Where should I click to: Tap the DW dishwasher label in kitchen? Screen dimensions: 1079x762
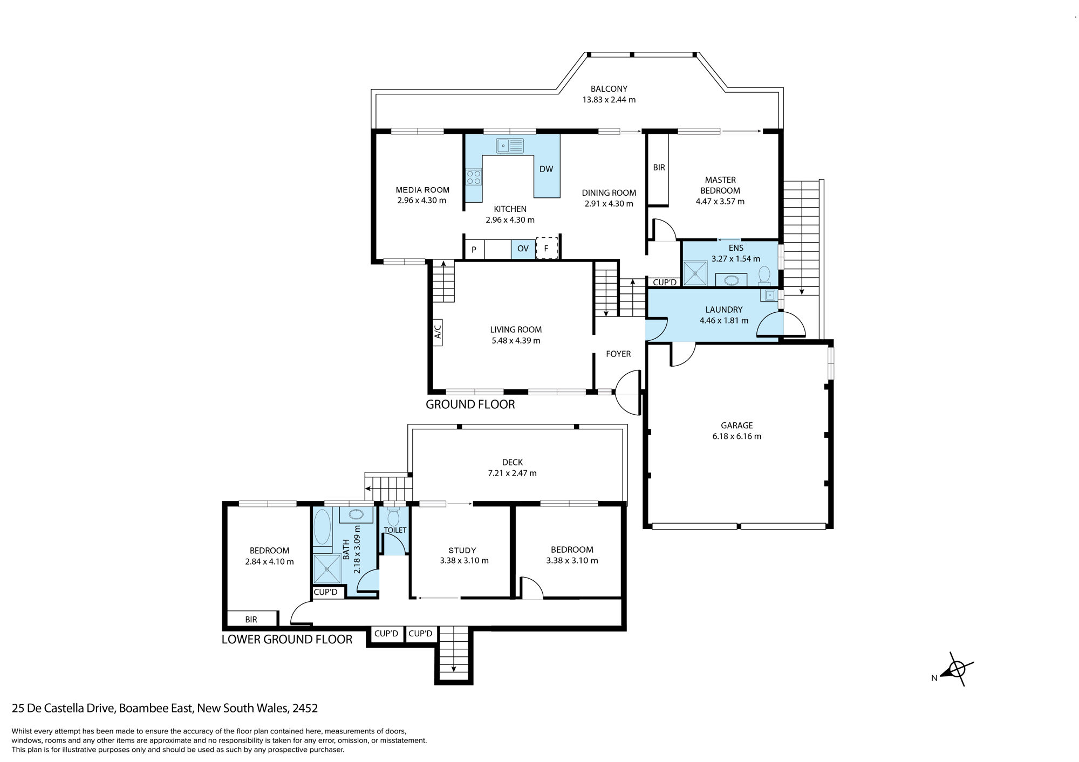546,169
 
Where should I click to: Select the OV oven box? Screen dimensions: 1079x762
523,249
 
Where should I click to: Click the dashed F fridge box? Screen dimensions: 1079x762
547,248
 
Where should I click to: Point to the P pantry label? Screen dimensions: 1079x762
474,250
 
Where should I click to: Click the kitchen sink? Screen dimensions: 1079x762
510,146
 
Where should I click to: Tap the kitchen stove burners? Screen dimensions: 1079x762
474,177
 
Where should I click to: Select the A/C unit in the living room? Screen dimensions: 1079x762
438,332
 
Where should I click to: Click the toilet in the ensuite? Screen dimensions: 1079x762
764,274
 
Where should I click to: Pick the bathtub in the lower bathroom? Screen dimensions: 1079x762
322,527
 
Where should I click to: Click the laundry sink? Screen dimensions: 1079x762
769,295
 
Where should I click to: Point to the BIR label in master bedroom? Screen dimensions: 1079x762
659,168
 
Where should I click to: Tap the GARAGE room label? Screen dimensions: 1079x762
737,425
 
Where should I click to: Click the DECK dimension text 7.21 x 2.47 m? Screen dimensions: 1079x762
512,473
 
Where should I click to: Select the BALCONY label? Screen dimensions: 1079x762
609,89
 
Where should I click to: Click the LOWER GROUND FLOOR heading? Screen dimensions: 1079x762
287,640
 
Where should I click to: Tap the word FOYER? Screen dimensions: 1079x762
618,354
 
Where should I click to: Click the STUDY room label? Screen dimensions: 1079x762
462,551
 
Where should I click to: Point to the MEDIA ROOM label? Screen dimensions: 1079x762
422,190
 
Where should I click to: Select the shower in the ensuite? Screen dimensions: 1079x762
695,273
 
